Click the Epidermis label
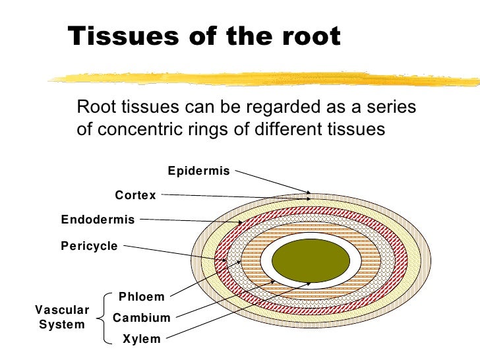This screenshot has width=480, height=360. point(198,171)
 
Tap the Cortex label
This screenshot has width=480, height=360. point(135,195)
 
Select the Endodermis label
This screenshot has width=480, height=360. point(98,220)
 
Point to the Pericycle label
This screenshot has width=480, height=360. point(89,247)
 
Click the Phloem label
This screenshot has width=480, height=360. point(141,297)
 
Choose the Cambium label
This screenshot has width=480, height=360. point(142,318)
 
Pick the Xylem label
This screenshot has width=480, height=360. point(142,340)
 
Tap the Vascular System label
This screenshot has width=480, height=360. point(61,317)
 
